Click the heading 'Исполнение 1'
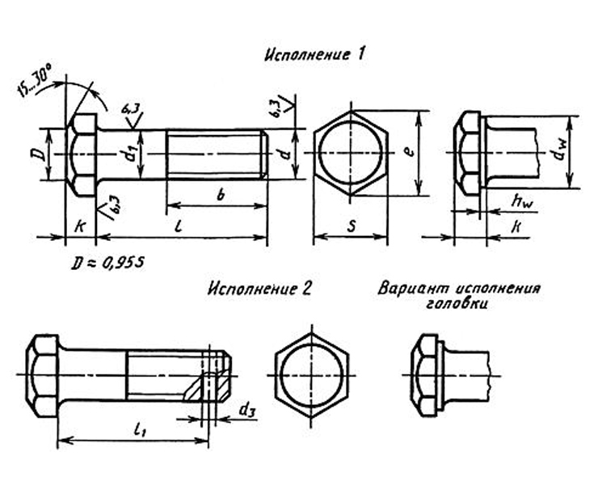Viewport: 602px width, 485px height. click(x=314, y=55)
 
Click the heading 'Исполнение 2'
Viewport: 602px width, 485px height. click(x=259, y=289)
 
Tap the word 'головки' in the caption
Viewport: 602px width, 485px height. click(x=457, y=304)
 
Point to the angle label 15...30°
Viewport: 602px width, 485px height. click(x=35, y=82)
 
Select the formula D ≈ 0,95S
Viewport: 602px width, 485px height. click(x=108, y=263)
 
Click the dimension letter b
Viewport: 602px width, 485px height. click(x=221, y=196)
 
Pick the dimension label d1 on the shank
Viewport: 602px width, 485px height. click(x=131, y=154)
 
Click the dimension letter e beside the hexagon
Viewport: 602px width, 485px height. click(x=410, y=150)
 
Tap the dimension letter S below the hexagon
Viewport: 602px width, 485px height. click(x=351, y=226)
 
